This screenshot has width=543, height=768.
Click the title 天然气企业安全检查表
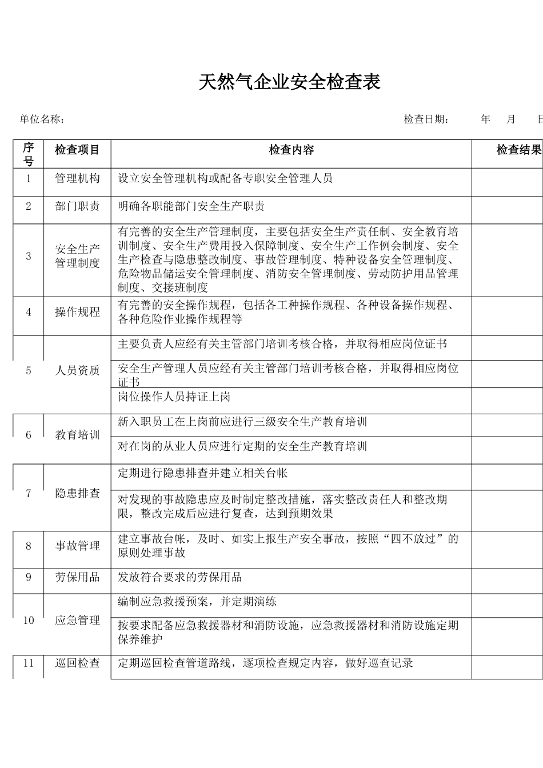click(289, 82)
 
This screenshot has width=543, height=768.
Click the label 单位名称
click(42, 119)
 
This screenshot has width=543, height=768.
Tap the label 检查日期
click(426, 119)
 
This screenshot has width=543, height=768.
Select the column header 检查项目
click(77, 150)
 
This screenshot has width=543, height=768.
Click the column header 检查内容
click(291, 150)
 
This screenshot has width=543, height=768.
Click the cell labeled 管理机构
click(77, 179)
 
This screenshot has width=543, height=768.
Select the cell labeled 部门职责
click(77, 206)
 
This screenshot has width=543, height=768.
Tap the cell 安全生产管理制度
click(77, 256)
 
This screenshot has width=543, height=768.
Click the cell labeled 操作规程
click(77, 312)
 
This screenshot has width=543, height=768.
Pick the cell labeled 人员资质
click(77, 370)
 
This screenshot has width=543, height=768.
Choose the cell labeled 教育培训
click(77, 435)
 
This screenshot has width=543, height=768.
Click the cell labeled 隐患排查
click(77, 493)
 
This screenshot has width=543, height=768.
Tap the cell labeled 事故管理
click(77, 546)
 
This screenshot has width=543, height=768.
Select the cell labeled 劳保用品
click(77, 577)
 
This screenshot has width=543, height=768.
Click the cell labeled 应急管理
click(77, 621)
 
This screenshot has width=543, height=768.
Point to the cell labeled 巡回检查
click(77, 663)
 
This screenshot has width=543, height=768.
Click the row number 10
click(29, 621)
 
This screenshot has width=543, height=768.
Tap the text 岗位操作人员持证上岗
click(174, 397)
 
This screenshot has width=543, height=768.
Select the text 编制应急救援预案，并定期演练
click(197, 602)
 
